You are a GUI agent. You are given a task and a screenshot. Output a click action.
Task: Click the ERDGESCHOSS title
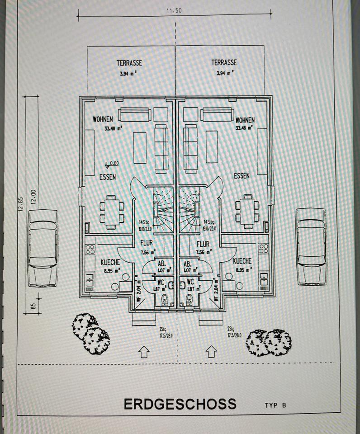(180, 403)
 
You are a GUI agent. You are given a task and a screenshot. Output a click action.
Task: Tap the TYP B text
(275, 406)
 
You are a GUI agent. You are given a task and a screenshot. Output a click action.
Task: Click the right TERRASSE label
(224, 63)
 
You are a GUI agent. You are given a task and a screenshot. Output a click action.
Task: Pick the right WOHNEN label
(245, 120)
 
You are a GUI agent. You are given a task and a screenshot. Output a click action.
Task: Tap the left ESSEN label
(107, 177)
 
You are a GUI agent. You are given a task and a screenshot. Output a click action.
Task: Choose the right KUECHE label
(243, 261)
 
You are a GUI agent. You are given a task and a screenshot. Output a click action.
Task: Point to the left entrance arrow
(143, 351)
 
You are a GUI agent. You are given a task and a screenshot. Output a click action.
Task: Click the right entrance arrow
(210, 351)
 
